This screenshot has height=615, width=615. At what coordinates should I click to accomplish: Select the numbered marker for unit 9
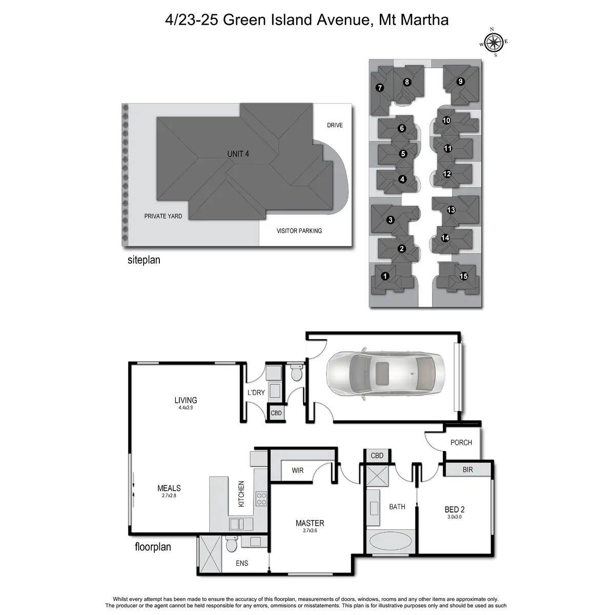(460, 81)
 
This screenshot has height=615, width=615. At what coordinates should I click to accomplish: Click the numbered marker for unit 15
(464, 276)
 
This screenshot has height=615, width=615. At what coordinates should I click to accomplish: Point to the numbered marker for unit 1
(385, 276)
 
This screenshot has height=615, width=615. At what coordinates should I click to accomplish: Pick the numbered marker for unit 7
(379, 88)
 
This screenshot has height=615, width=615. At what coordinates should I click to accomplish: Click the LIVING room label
(186, 400)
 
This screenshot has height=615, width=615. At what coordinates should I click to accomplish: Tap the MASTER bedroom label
(310, 523)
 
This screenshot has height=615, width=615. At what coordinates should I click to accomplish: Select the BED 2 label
(455, 509)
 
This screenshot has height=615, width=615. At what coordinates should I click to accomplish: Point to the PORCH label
(461, 442)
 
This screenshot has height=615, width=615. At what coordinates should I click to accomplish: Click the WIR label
(298, 470)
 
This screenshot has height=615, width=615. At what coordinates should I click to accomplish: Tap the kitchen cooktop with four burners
(261, 499)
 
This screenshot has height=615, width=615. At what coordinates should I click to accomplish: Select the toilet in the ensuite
(231, 543)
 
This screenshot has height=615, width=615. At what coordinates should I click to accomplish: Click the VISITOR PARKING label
(299, 231)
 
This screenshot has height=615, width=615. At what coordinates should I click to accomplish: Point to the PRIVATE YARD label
(163, 216)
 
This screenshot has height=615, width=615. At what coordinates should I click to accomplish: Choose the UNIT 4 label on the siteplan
(238, 154)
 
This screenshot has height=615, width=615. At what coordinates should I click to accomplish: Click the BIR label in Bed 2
(467, 469)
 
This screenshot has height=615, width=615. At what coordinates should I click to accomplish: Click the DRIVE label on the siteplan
(335, 125)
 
